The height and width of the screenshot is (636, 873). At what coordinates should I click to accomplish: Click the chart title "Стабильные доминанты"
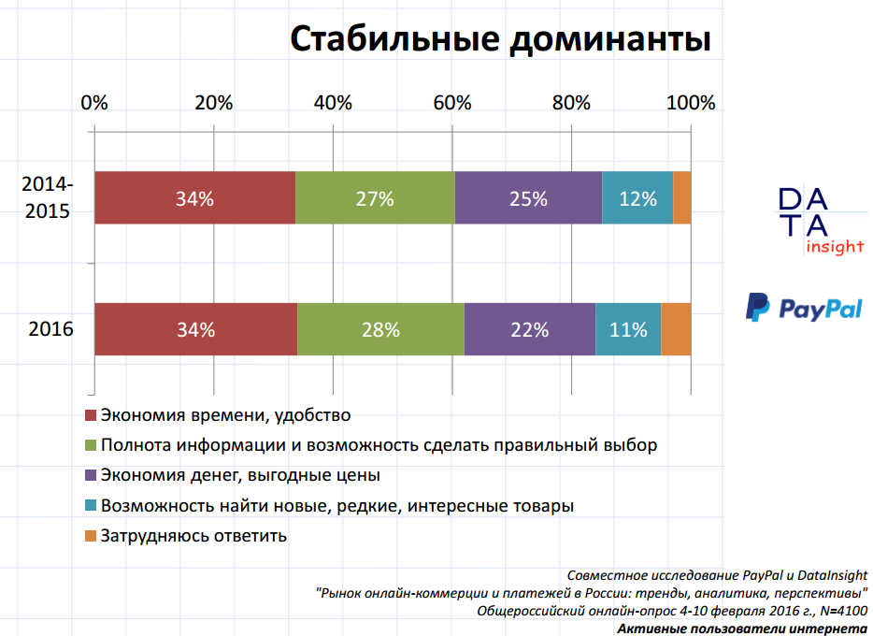tap(500, 40)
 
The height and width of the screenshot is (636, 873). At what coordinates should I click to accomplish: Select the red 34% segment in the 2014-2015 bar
tap(194, 198)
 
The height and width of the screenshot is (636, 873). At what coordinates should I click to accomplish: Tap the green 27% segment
tap(375, 198)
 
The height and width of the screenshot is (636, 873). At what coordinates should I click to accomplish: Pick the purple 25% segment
tap(528, 198)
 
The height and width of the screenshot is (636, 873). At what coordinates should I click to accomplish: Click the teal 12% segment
tap(637, 198)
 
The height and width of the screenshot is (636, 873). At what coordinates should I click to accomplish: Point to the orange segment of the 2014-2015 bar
tap(682, 198)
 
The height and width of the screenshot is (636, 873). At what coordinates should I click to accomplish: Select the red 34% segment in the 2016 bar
tap(195, 329)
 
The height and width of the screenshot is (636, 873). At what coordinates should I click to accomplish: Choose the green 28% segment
tap(380, 329)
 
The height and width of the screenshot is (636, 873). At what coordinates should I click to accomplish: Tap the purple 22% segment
tap(530, 329)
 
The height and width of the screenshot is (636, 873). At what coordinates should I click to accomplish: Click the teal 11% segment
tap(628, 329)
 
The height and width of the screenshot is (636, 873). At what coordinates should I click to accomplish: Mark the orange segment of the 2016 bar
tap(676, 329)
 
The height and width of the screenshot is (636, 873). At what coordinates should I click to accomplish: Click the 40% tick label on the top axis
tap(333, 103)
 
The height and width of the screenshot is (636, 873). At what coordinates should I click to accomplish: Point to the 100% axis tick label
tap(690, 103)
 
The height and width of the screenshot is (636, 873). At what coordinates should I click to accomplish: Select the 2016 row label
tap(50, 329)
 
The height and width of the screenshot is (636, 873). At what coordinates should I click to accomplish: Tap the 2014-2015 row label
tap(47, 198)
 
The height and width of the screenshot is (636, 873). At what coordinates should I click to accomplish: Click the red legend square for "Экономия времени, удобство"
tap(91, 415)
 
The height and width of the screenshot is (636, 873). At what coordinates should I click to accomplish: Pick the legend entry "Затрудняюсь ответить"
tap(193, 536)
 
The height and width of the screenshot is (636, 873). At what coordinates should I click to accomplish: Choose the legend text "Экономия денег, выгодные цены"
tap(240, 475)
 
